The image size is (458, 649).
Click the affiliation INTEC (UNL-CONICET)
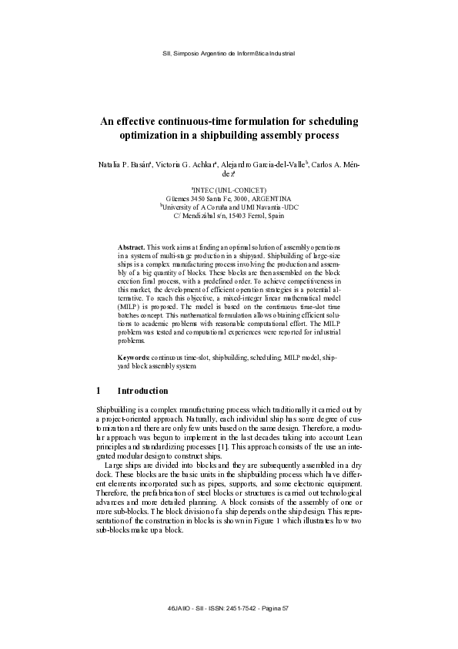click(229, 190)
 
